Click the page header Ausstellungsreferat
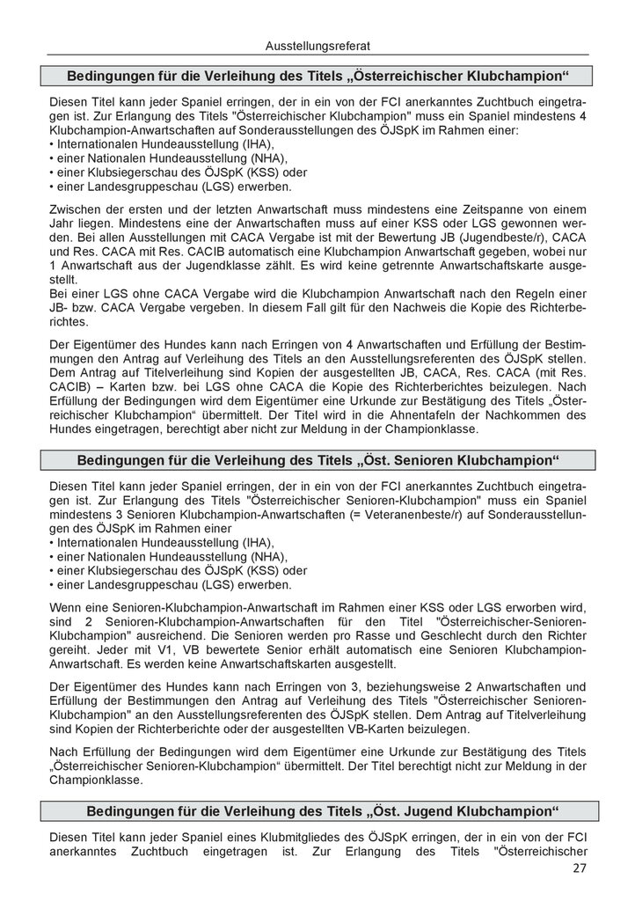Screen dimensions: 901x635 pos(317,41)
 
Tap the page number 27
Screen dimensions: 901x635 pos(577,869)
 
